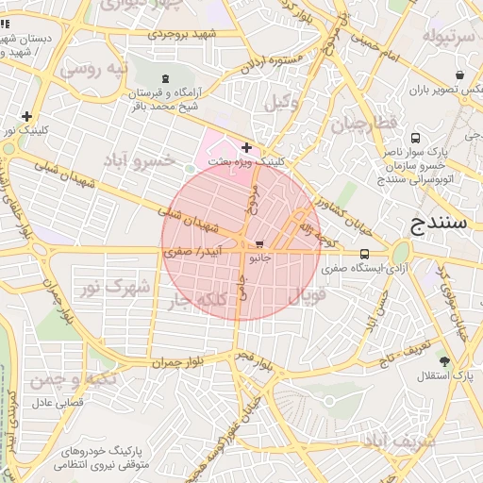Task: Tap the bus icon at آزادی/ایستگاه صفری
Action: click(x=365, y=254)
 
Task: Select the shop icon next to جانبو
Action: click(x=259, y=244)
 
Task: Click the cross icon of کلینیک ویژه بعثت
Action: click(x=247, y=147)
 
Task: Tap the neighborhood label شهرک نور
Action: click(x=116, y=287)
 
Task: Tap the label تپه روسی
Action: click(x=92, y=71)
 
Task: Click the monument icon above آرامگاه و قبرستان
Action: click(x=167, y=78)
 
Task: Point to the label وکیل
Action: click(x=282, y=102)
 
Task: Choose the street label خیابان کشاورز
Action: click(x=338, y=198)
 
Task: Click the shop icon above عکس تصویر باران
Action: click(x=458, y=75)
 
